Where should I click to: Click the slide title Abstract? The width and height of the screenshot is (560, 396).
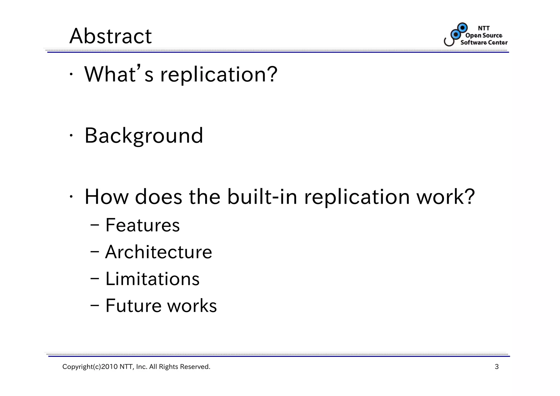pyautogui.click(x=110, y=36)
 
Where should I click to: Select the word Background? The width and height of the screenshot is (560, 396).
pyautogui.click(x=144, y=136)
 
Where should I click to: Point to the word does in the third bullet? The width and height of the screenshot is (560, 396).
pyautogui.click(x=158, y=197)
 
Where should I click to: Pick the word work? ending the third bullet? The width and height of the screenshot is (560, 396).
pyautogui.click(x=445, y=197)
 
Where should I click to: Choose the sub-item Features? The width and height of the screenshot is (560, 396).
pyautogui.click(x=142, y=225)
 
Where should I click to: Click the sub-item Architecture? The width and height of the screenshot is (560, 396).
pyautogui.click(x=159, y=252)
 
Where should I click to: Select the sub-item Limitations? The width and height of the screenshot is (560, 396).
pyautogui.click(x=152, y=279)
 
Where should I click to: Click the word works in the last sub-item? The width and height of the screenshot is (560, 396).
pyautogui.click(x=192, y=306)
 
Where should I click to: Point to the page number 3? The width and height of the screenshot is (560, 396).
pyautogui.click(x=497, y=367)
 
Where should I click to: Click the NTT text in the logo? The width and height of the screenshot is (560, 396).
pyautogui.click(x=483, y=28)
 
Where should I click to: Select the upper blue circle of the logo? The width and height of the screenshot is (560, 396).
pyautogui.click(x=462, y=28)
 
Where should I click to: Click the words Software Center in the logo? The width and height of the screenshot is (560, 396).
pyautogui.click(x=484, y=42)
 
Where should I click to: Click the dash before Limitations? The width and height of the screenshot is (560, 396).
pyautogui.click(x=95, y=279)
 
